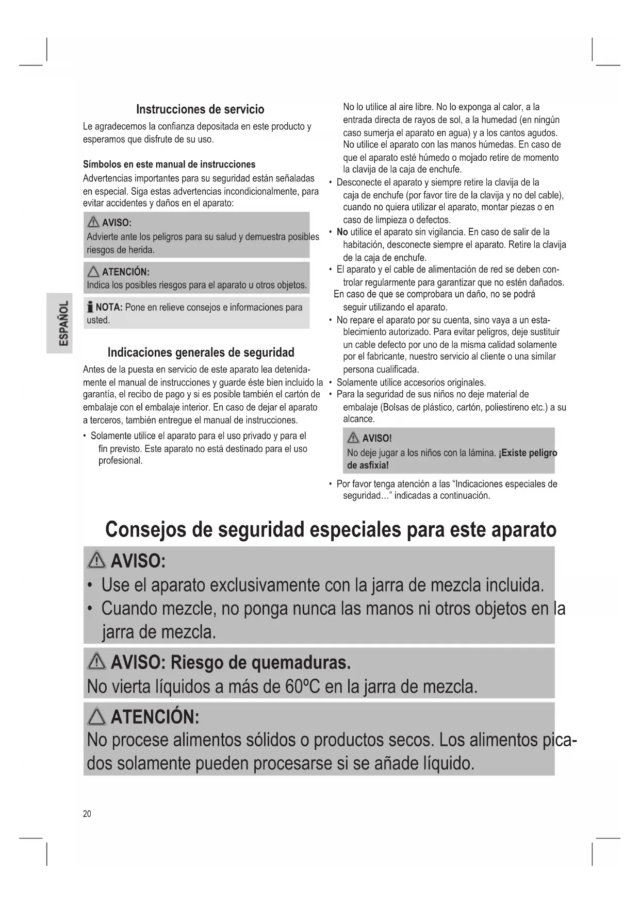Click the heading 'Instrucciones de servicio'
click(200, 109)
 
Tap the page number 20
click(87, 814)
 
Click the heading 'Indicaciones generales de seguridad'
click(201, 353)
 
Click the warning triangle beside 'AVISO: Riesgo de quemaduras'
click(97, 662)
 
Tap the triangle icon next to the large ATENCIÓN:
click(97, 716)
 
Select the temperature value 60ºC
click(302, 687)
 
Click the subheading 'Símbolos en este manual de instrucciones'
click(169, 164)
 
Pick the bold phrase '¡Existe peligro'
click(528, 453)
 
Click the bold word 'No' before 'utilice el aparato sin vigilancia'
click(342, 232)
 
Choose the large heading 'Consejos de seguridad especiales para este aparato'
click(331, 530)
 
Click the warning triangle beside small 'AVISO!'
click(353, 439)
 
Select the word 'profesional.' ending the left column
click(120, 461)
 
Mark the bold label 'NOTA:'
click(109, 308)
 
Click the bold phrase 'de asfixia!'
click(368, 465)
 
